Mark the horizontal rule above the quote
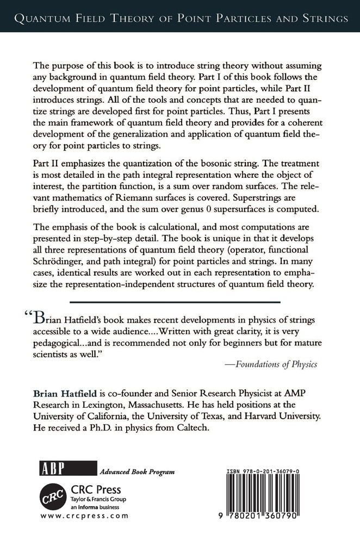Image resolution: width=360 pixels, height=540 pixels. coord(179,301)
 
